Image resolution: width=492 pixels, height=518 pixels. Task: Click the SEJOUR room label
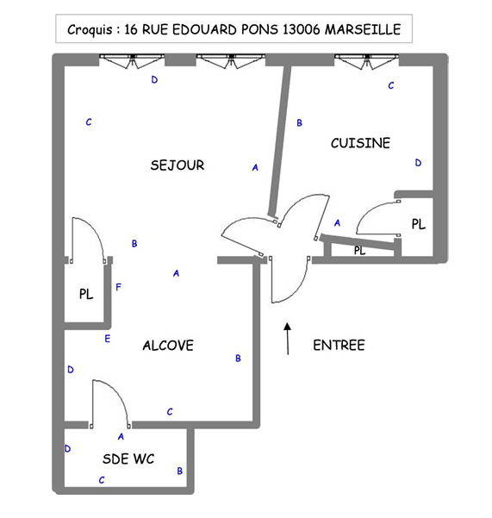177,165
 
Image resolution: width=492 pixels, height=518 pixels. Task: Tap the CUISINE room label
360,143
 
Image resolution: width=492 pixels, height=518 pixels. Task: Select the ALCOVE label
168,346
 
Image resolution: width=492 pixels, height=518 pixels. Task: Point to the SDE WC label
128,459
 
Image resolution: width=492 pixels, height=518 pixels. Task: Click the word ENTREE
339,346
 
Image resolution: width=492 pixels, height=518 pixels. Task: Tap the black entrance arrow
288,339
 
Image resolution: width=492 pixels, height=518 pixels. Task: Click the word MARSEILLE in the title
363,29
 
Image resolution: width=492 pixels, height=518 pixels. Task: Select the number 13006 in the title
301,29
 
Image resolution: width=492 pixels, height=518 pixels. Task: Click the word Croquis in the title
90,29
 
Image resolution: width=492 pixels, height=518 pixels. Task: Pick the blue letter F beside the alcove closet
119,287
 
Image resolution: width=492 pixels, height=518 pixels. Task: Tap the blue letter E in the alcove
108,339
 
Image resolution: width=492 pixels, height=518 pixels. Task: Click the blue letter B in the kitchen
300,123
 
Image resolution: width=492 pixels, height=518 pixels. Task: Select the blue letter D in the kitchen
418,163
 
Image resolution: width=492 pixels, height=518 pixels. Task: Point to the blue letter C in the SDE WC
102,480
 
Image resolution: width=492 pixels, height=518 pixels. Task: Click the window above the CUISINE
366,61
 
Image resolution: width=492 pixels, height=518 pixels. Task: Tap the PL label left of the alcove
86,294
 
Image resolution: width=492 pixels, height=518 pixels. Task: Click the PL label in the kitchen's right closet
419,224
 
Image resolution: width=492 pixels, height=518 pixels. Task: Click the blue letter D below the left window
154,79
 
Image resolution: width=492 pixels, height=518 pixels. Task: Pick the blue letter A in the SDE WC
121,437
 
